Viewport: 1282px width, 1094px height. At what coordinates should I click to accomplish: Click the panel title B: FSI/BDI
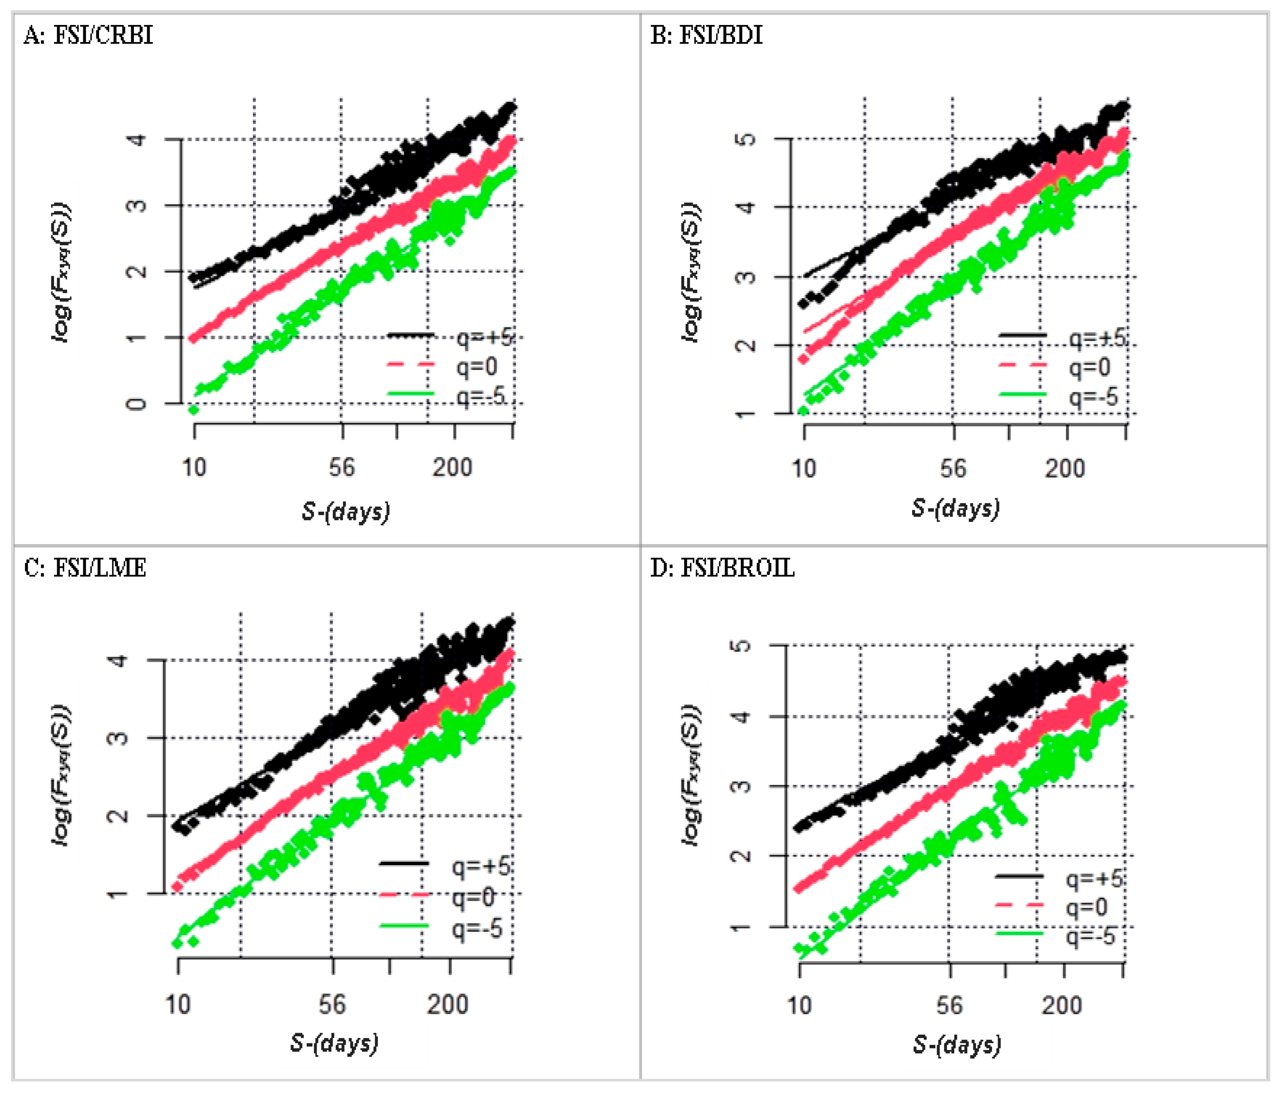click(x=706, y=35)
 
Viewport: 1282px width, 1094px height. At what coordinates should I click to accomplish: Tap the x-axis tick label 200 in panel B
click(x=1065, y=468)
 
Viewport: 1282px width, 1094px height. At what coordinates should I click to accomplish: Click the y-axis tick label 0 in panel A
click(x=136, y=404)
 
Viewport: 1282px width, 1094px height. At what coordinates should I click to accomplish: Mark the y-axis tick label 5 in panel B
click(x=747, y=138)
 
